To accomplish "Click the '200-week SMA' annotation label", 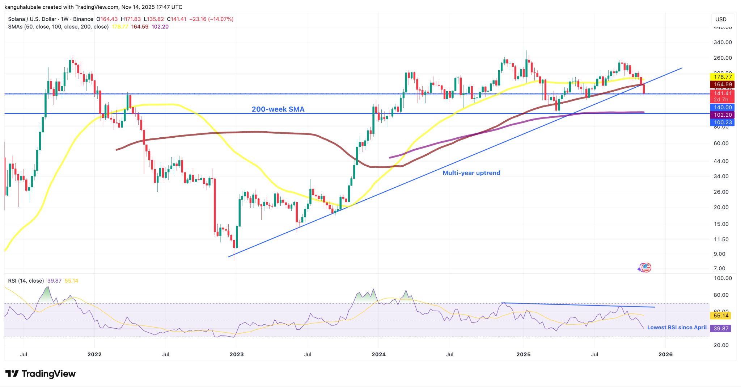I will (278, 109).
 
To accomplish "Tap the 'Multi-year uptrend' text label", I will (471, 173).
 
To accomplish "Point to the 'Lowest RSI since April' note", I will (677, 327).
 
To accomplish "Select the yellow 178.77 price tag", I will (723, 77).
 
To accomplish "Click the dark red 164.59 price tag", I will (723, 84).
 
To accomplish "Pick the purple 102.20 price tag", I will (723, 115).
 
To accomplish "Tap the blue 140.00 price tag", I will (723, 107).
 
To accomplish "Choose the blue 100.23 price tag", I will (723, 122).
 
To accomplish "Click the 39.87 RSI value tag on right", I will (721, 328).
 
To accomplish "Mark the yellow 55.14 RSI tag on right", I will (721, 316).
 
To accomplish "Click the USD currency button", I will (721, 19).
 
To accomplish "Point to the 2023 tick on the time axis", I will (237, 354).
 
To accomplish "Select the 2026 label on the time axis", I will (665, 354).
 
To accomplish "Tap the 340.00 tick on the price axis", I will (723, 42).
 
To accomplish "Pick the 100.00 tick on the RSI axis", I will (723, 278).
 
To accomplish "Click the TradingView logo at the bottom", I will (41, 374).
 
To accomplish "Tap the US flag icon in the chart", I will (646, 268).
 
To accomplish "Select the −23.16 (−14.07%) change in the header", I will (211, 19).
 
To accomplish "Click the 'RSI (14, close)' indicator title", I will (26, 281).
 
